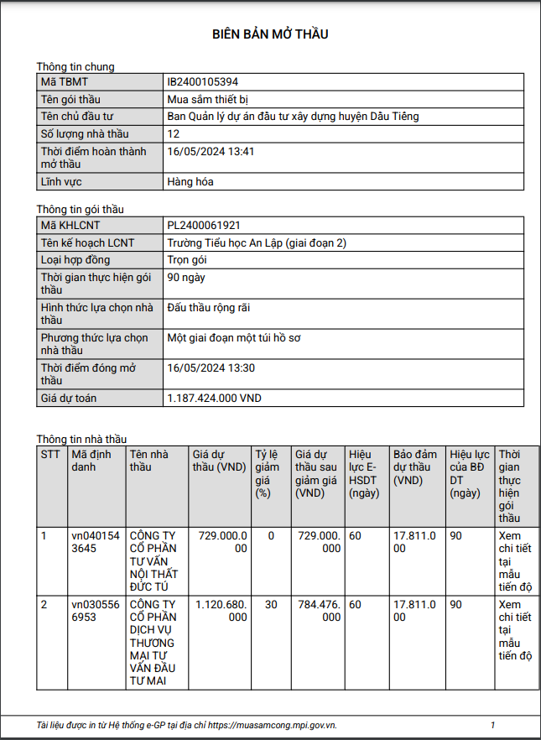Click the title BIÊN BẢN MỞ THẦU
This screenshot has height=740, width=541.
[x=270, y=34]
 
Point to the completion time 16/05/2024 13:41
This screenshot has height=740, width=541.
[x=211, y=152]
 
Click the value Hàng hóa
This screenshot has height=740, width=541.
[x=190, y=181]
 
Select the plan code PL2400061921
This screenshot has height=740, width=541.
[x=204, y=226]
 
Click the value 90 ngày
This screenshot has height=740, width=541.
[x=186, y=277]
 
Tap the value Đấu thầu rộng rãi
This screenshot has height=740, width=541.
[x=209, y=308]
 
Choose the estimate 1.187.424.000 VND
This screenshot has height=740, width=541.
[x=215, y=399]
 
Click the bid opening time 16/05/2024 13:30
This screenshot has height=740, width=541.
[x=211, y=368]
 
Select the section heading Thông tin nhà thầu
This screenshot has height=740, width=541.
[x=81, y=439]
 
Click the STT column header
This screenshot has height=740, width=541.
[x=50, y=454]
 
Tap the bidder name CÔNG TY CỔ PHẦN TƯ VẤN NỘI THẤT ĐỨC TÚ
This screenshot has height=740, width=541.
[x=156, y=560]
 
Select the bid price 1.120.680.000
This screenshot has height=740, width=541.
[x=221, y=610]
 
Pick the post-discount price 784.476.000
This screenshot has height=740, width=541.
[x=320, y=610]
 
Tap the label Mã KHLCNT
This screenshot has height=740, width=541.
[x=71, y=226]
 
